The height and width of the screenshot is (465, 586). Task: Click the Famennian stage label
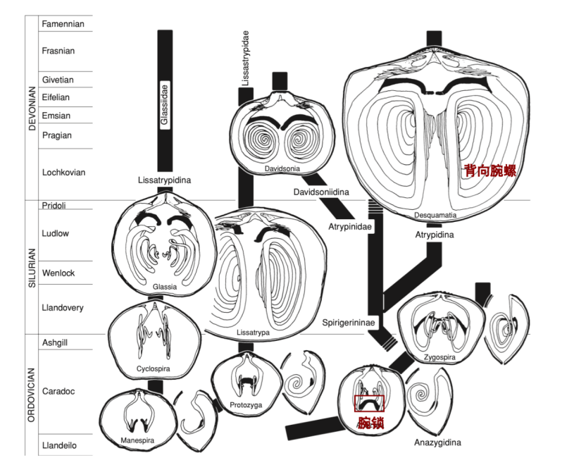click(x=63, y=24)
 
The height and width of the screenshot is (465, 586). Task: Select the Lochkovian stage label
click(x=64, y=172)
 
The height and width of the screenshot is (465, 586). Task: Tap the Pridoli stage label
click(x=54, y=206)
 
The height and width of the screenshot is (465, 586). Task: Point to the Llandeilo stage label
click(x=59, y=445)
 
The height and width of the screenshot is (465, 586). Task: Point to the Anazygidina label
click(x=437, y=442)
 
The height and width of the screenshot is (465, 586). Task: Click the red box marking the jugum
click(x=369, y=403)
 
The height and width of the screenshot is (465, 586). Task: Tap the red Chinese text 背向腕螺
click(x=491, y=171)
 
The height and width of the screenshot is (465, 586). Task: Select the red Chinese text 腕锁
click(x=370, y=423)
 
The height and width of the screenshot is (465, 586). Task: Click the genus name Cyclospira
click(x=154, y=368)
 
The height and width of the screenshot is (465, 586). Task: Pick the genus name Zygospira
click(x=440, y=357)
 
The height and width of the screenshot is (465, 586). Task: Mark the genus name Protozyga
click(x=246, y=404)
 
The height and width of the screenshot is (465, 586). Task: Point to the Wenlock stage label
click(x=58, y=273)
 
